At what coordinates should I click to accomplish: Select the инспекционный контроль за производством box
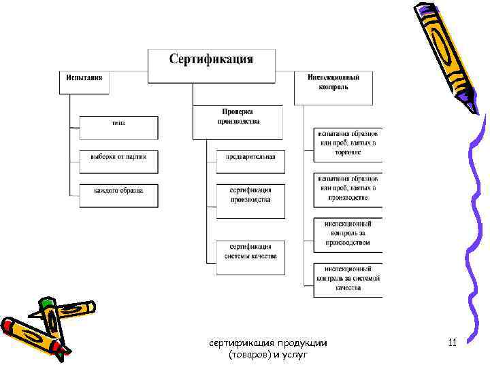coord(348,233)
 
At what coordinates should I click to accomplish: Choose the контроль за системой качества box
coord(348,279)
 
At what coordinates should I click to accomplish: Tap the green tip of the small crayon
coord(46,302)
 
